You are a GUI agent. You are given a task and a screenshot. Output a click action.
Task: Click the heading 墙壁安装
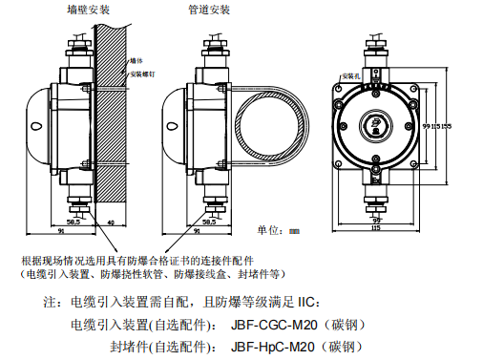[88, 10]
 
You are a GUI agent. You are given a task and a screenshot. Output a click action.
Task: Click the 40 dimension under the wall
[111, 222]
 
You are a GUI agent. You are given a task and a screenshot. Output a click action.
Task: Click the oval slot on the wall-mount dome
[34, 124]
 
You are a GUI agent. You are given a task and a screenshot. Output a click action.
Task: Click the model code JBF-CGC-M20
[272, 324]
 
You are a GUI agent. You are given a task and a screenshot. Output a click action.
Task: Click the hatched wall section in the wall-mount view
[111, 115]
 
